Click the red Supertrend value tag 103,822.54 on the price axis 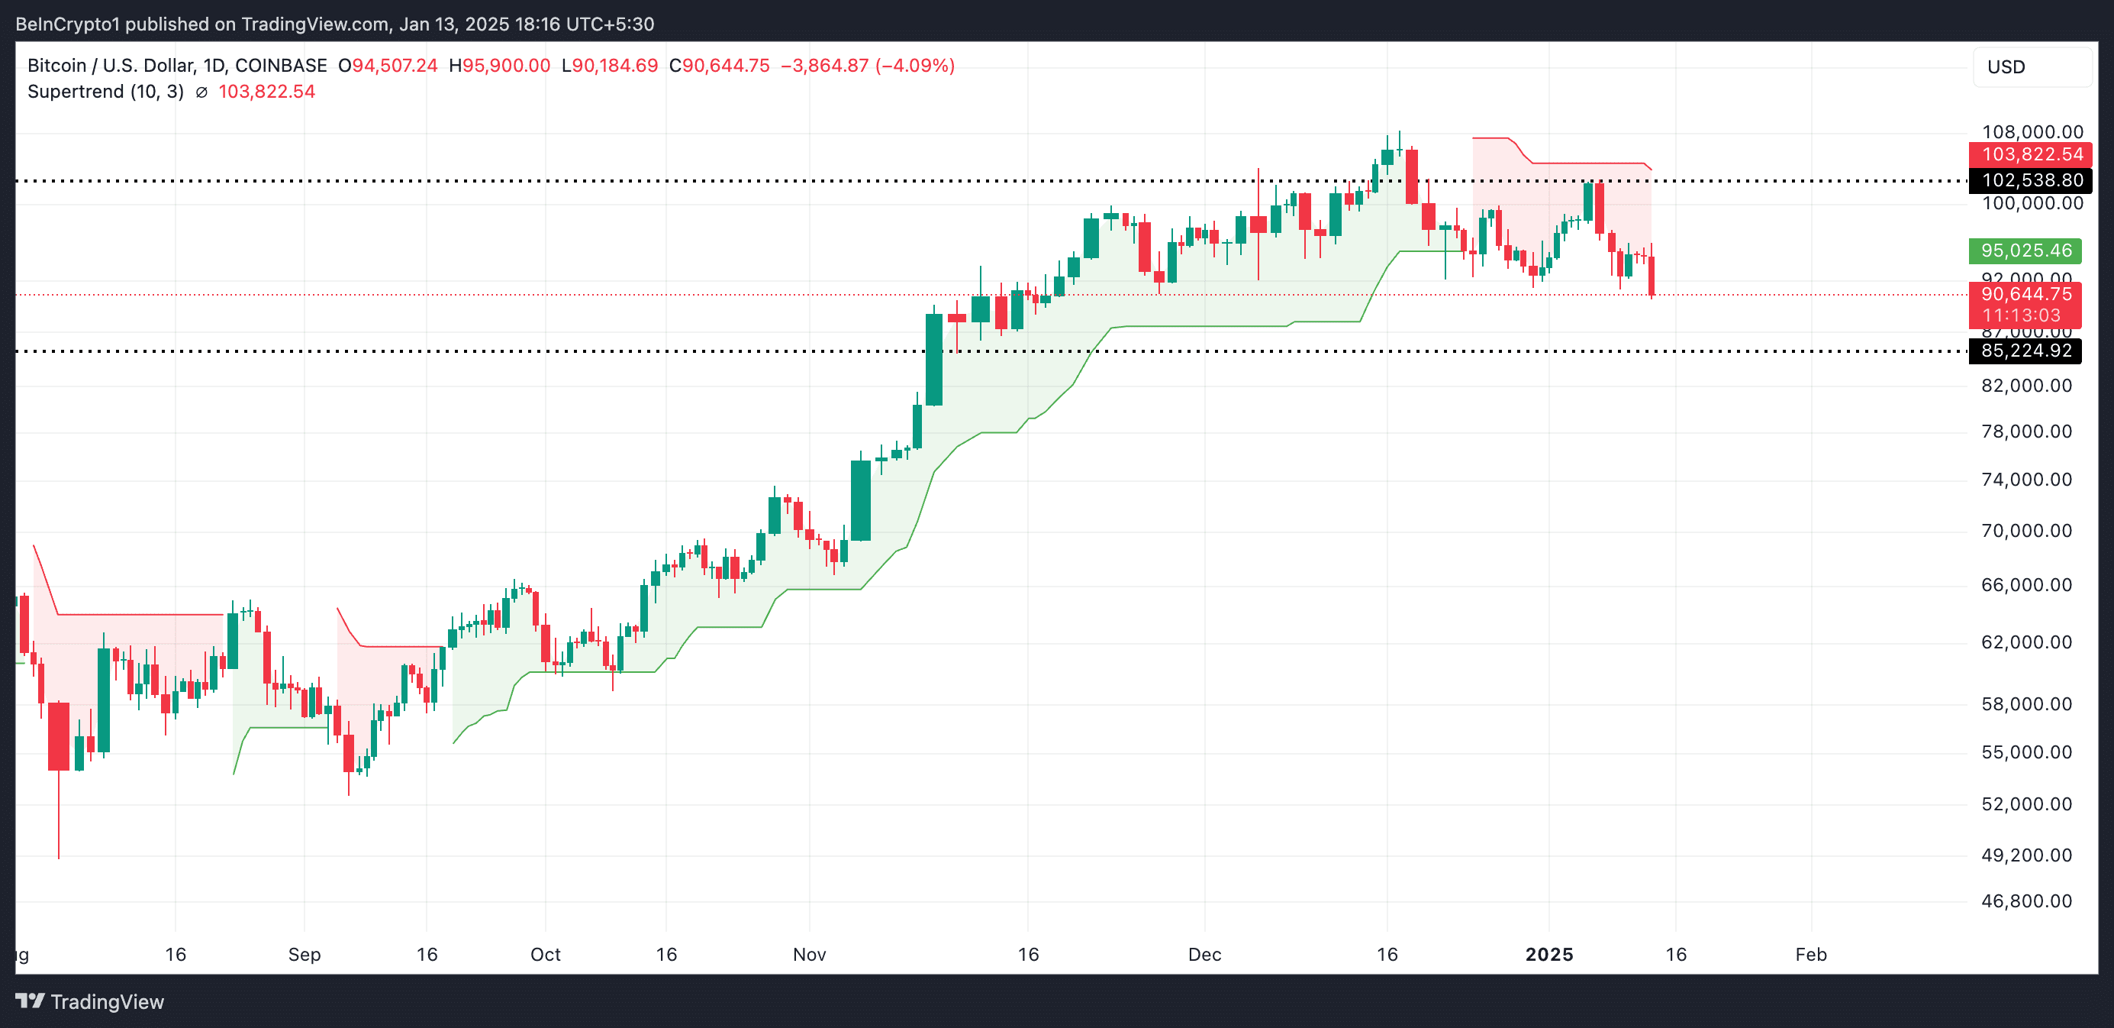click(x=2030, y=154)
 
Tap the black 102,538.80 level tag click(x=2030, y=181)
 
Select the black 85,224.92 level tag click(x=2025, y=351)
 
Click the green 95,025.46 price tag click(x=2025, y=251)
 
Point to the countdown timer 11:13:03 click(x=2021, y=315)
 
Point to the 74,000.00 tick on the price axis click(x=2026, y=480)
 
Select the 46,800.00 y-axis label click(x=2026, y=900)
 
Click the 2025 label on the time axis click(x=1548, y=954)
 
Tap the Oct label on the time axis click(x=545, y=954)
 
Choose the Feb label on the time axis click(x=1810, y=954)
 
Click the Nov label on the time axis click(x=809, y=954)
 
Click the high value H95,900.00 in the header click(x=500, y=66)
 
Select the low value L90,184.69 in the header click(x=610, y=66)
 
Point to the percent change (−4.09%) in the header click(x=915, y=66)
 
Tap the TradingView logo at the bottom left click(x=90, y=1002)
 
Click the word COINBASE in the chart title click(x=281, y=66)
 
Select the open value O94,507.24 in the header click(x=388, y=66)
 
